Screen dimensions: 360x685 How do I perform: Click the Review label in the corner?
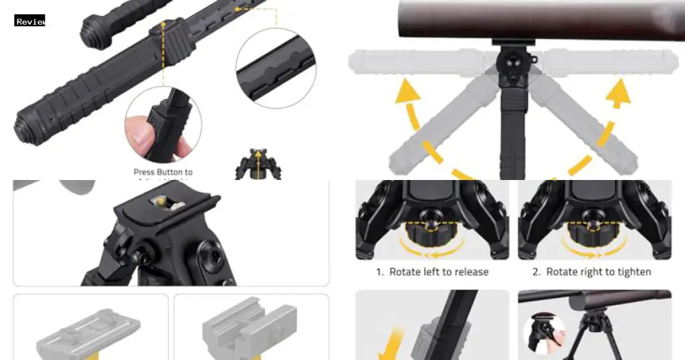[30, 21]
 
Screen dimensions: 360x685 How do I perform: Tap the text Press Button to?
[163, 172]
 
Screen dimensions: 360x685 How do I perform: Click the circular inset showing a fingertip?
[163, 124]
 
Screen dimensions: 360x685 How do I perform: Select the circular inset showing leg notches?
[275, 68]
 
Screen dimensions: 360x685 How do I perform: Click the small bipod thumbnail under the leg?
[258, 166]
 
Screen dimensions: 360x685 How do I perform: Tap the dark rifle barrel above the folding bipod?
[535, 20]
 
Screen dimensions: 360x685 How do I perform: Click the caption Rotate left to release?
[431, 272]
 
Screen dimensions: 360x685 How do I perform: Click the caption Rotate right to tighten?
[591, 272]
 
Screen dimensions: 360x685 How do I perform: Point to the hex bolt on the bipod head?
[215, 255]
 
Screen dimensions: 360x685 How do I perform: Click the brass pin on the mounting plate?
[161, 200]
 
